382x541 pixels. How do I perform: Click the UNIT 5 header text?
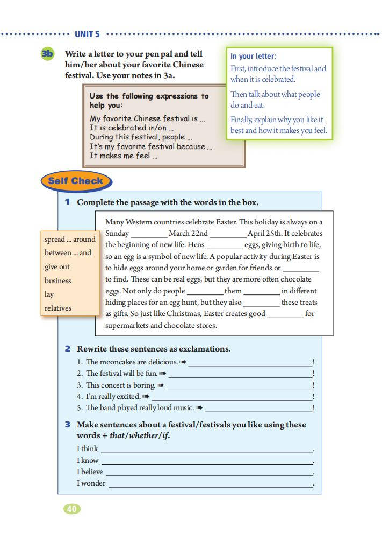pyautogui.click(x=87, y=34)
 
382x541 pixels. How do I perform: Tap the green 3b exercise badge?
pyautogui.click(x=47, y=54)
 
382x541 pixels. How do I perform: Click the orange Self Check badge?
pyautogui.click(x=75, y=181)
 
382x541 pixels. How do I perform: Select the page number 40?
pyautogui.click(x=72, y=509)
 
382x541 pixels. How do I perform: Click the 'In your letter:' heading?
pyautogui.click(x=253, y=56)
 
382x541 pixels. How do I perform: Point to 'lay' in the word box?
pyautogui.click(x=49, y=294)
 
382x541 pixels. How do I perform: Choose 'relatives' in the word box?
pyautogui.click(x=58, y=308)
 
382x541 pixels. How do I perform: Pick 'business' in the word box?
pyautogui.click(x=57, y=280)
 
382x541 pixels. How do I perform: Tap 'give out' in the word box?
pyautogui.click(x=57, y=266)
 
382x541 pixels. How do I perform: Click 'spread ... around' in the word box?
pyautogui.click(x=70, y=239)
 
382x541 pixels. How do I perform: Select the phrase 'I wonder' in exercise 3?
pyautogui.click(x=91, y=483)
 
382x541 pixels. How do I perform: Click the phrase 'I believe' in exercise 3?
pyautogui.click(x=90, y=472)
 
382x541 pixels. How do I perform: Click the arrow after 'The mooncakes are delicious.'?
pyautogui.click(x=183, y=362)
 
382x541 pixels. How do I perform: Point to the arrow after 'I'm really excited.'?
pyautogui.click(x=146, y=397)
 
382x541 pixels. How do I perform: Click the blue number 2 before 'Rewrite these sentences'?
pyautogui.click(x=68, y=349)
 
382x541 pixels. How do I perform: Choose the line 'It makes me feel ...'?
pyautogui.click(x=124, y=156)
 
